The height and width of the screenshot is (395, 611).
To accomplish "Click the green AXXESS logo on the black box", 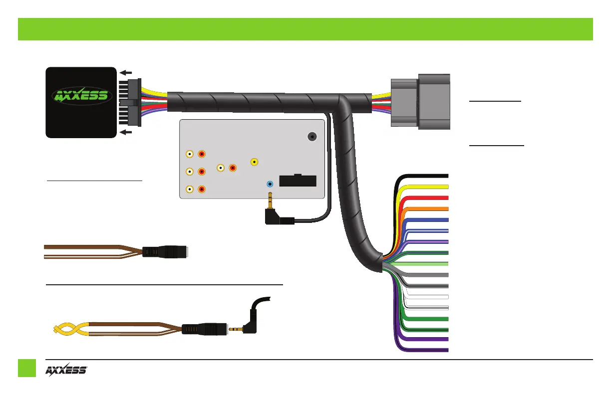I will pos(80,95).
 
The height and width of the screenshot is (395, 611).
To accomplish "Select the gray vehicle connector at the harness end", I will pos(420,102).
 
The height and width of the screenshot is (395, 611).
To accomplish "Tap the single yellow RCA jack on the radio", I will pos(255,162).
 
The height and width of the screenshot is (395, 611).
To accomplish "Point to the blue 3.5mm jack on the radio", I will pos(270,184).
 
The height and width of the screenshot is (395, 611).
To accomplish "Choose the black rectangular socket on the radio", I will pos(298,180).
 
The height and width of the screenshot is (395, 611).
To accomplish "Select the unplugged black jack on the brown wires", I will pos(167,251).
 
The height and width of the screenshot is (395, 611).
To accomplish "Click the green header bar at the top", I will pos(305,29).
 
